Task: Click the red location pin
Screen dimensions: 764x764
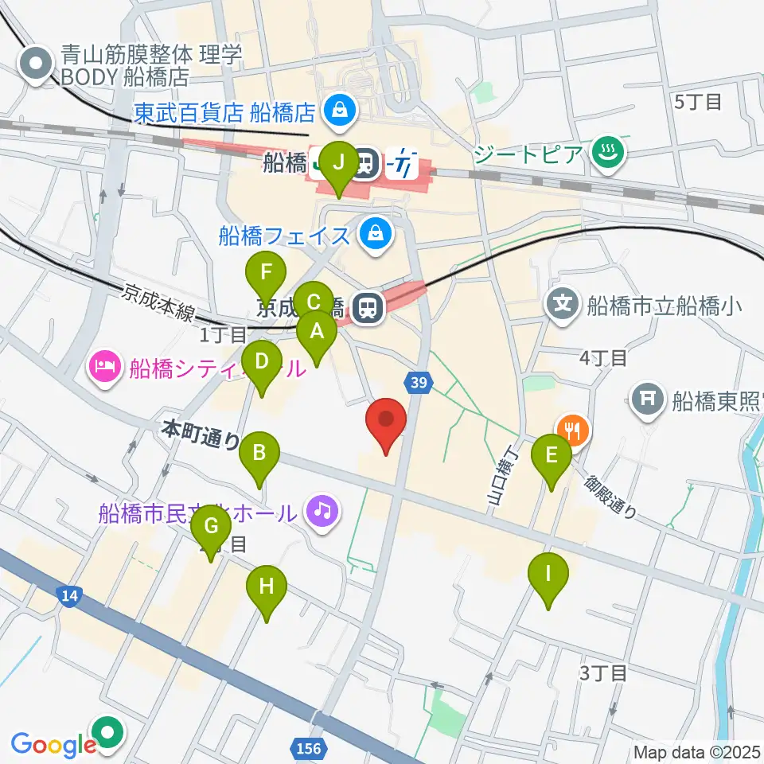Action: tap(386, 423)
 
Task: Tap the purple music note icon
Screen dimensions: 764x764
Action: tap(322, 509)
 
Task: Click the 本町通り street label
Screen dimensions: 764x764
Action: tap(200, 434)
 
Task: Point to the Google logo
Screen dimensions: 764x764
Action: tap(52, 745)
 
